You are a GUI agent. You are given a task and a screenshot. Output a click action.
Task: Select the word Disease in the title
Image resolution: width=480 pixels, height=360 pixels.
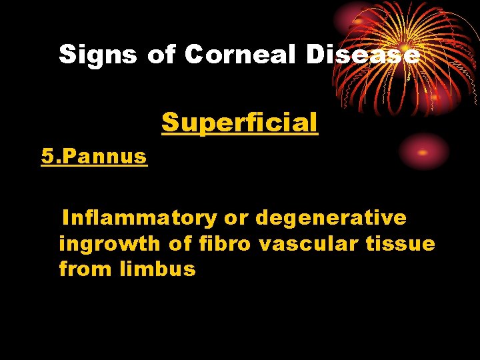coord(363,55)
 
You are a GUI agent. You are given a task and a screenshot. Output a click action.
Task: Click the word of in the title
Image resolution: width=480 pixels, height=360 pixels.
coord(161,55)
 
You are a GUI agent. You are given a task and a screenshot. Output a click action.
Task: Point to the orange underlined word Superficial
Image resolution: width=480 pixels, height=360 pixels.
coord(239,123)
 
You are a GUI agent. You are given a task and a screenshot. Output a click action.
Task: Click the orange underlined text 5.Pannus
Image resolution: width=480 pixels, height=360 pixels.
coord(94,157)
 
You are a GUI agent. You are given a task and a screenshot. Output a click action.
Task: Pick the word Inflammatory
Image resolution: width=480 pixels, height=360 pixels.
coord(139,218)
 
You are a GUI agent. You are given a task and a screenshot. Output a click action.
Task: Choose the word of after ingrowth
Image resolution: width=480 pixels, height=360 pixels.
coord(180,244)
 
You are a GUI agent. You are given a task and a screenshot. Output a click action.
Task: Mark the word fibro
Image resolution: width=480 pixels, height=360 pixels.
coord(225,244)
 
